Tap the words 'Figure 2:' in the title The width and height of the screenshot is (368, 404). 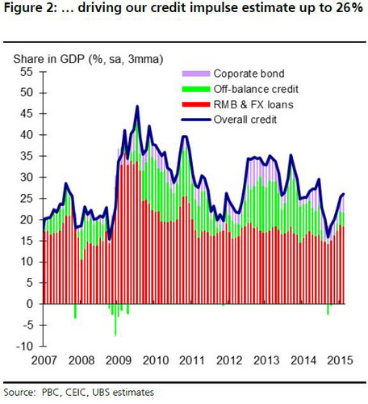click(x=29, y=10)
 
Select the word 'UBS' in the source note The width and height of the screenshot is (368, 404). click(x=104, y=393)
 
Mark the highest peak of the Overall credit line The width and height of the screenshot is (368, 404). click(x=137, y=106)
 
